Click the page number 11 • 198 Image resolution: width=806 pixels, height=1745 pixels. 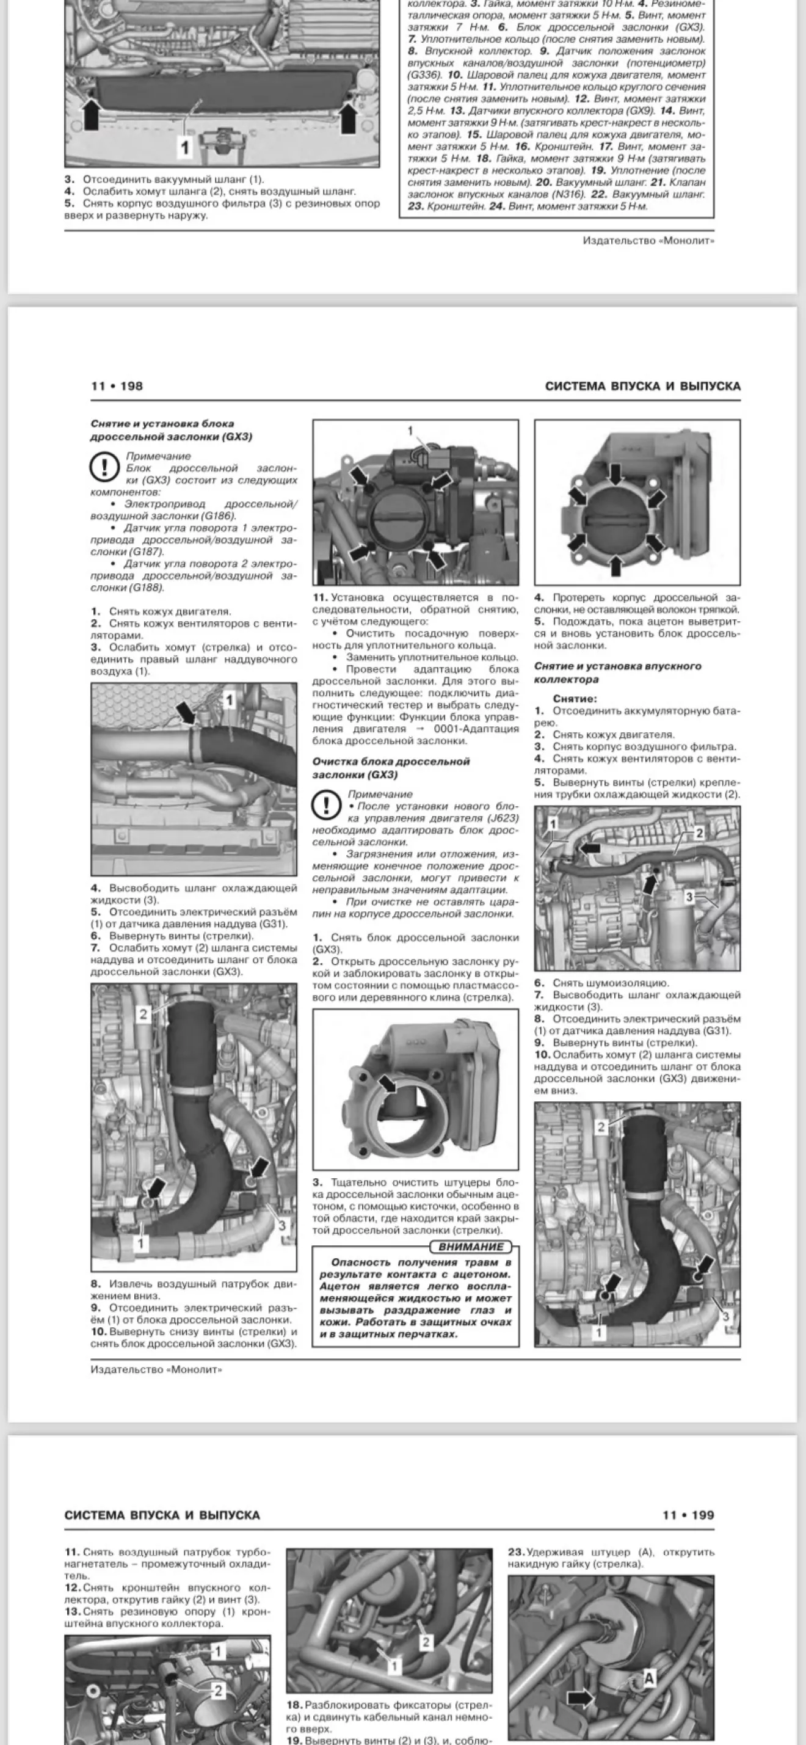117,386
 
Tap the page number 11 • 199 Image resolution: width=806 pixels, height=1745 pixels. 688,1515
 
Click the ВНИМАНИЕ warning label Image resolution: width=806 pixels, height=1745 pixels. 471,1247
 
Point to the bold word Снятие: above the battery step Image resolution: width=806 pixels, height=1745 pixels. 575,698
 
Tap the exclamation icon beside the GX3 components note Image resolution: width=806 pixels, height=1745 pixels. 104,468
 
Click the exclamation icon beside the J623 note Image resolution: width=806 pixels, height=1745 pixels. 326,806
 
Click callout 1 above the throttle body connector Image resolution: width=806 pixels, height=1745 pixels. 410,431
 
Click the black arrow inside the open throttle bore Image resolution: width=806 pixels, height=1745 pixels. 387,1085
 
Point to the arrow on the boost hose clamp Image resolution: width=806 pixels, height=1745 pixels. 184,712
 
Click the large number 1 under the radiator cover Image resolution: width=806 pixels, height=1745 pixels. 184,147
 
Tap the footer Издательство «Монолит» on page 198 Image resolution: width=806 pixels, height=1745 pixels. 156,1369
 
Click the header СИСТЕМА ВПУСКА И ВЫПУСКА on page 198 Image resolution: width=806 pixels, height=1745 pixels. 642,386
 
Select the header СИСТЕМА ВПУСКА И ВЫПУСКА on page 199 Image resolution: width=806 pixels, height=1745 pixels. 162,1515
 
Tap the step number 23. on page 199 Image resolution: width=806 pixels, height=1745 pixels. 516,1552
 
